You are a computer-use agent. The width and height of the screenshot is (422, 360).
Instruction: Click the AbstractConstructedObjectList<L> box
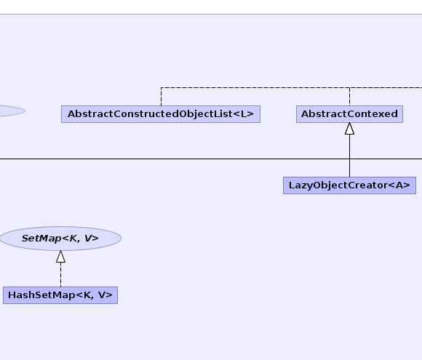coord(161,114)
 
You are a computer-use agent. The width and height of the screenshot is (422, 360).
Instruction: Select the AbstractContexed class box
coord(349,114)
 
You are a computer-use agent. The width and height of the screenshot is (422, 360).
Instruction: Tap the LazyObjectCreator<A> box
coord(349,185)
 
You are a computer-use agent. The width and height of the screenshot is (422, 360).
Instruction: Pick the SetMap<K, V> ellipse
coord(60,239)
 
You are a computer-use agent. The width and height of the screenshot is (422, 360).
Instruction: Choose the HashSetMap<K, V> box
coord(60,295)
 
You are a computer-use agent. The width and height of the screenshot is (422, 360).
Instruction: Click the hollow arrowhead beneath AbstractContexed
coord(349,129)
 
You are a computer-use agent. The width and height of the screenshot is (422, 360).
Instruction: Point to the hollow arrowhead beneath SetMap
coord(61,257)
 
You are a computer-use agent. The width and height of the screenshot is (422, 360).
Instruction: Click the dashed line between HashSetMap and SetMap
coord(61,275)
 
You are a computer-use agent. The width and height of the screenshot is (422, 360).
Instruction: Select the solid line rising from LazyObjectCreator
coord(349,156)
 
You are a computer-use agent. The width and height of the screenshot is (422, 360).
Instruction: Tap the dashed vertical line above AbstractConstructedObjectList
coord(162,97)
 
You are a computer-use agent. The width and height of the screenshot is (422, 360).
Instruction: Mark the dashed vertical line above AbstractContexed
coord(349,97)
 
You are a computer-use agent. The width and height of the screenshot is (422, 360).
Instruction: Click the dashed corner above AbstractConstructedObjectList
coord(162,87)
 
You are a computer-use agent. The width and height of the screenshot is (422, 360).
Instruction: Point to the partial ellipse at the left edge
coord(12,111)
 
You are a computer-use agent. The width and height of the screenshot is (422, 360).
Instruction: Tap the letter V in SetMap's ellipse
coord(88,238)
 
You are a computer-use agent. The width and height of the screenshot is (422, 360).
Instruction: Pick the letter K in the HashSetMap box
coord(87,295)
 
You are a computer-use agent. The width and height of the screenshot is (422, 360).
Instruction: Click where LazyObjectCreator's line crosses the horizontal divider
coord(349,159)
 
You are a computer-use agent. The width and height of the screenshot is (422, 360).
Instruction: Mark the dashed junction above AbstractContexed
coord(349,87)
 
